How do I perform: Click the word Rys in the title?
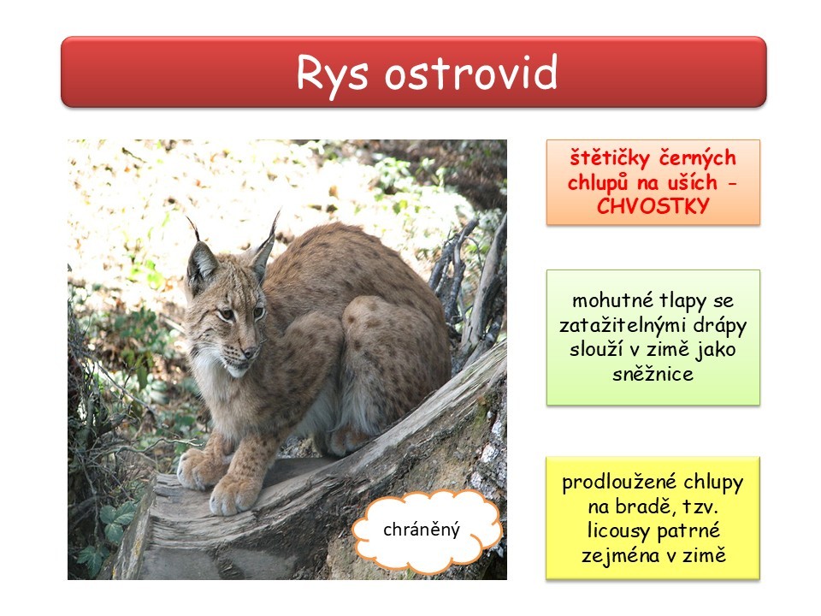[x=332, y=74]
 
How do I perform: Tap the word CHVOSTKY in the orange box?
[x=653, y=206]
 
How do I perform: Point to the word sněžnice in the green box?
[x=653, y=374]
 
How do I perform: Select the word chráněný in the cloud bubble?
[x=422, y=530]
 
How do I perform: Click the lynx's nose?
[x=250, y=352]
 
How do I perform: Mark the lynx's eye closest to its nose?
[x=258, y=313]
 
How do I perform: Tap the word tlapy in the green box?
[x=682, y=302]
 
